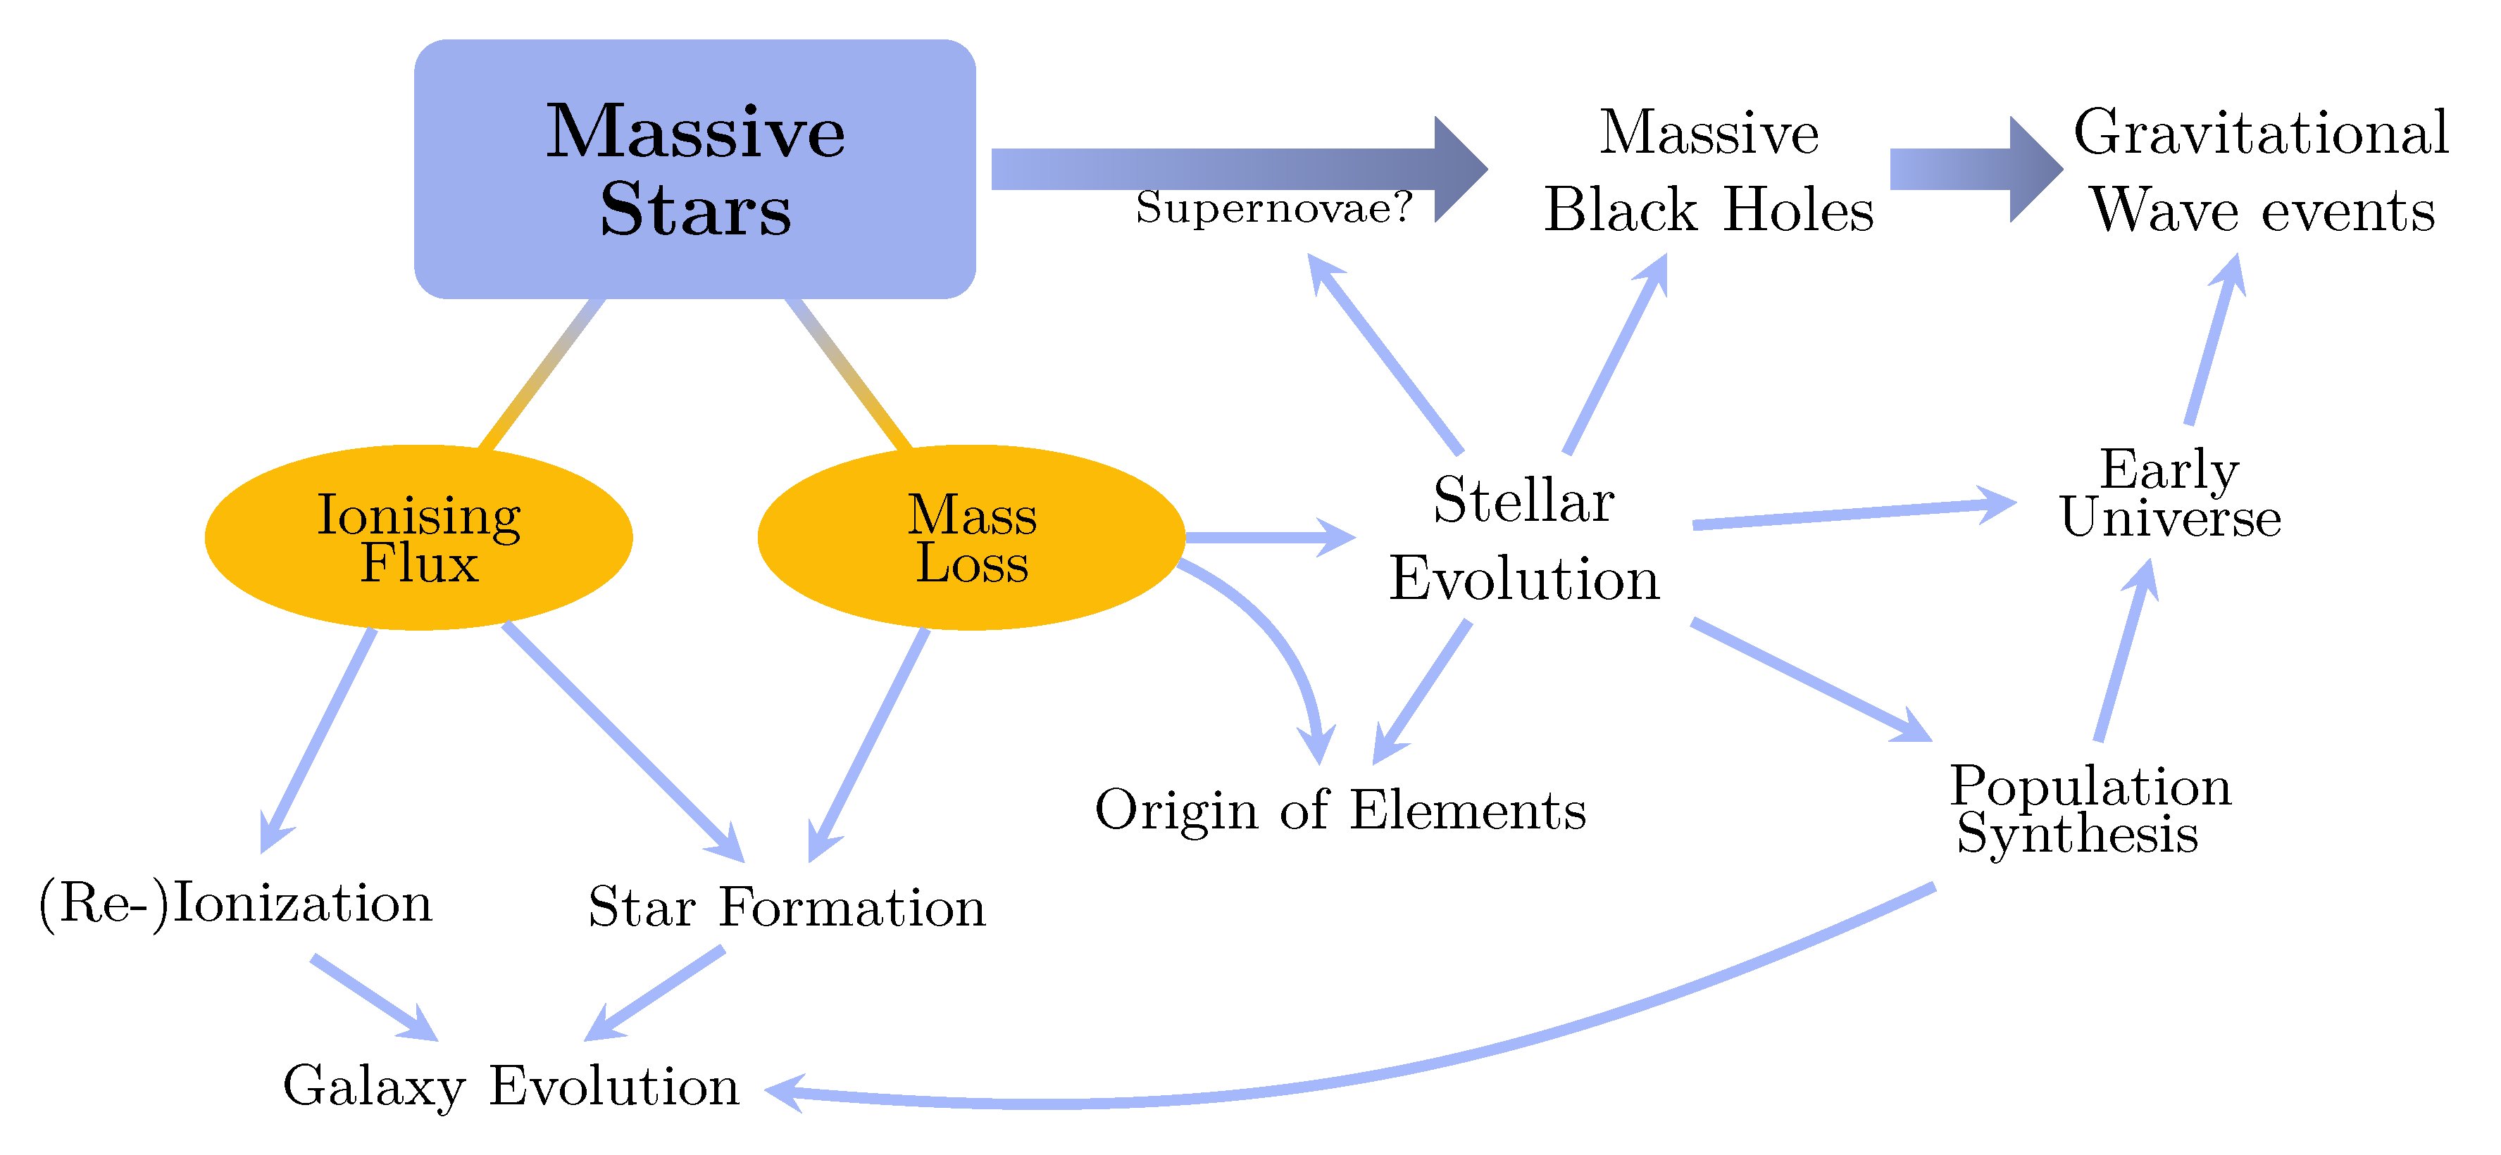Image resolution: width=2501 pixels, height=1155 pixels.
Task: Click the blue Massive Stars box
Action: click(x=694, y=168)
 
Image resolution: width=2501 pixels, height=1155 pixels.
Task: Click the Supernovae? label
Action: click(x=1273, y=208)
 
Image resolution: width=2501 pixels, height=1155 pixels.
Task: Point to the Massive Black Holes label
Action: click(x=1709, y=171)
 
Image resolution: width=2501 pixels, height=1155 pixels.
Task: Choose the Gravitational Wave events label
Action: click(x=2262, y=171)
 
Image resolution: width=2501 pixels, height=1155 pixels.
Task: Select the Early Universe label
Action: click(x=2170, y=493)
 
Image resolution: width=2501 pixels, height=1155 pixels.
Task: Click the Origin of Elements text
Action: click(x=1340, y=809)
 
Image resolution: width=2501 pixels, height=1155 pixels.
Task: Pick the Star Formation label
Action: click(x=787, y=907)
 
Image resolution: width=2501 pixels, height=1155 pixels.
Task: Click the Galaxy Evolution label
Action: click(x=511, y=1085)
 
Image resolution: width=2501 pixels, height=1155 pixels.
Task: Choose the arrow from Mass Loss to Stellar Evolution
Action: click(x=1262, y=537)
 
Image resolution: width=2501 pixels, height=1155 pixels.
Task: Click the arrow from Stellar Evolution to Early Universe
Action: click(x=1845, y=515)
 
